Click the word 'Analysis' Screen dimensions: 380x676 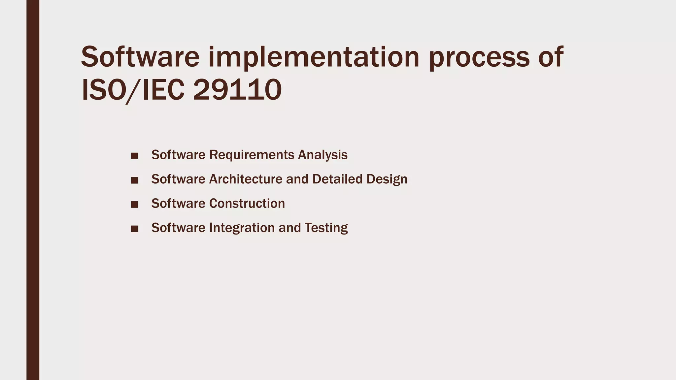(x=322, y=155)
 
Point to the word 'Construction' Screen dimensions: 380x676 (x=247, y=204)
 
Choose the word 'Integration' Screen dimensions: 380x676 (x=242, y=228)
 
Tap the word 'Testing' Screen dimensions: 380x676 (x=326, y=228)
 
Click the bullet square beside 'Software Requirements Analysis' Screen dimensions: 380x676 (x=134, y=156)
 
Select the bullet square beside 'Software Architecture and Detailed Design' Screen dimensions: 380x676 (x=134, y=180)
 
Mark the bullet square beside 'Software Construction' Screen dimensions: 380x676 (x=134, y=205)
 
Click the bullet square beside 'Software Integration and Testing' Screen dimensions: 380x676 (x=134, y=229)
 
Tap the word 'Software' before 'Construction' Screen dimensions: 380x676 (x=178, y=204)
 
